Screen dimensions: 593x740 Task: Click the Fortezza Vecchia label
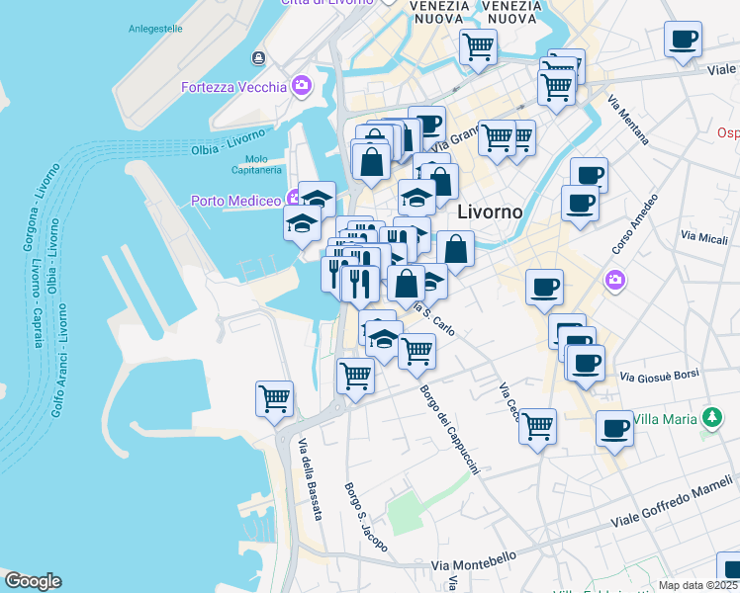tap(233, 87)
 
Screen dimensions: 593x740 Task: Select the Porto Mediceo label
tap(236, 201)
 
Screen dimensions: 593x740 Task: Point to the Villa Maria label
tap(666, 418)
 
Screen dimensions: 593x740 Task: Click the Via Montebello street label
tap(474, 561)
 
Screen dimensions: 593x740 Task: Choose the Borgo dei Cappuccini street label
tap(449, 430)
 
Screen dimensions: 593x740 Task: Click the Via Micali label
tap(703, 236)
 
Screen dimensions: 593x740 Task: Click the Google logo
tap(33, 581)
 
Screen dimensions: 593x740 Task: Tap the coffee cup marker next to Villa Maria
tap(614, 429)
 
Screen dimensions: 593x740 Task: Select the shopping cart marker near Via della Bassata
tap(274, 398)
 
